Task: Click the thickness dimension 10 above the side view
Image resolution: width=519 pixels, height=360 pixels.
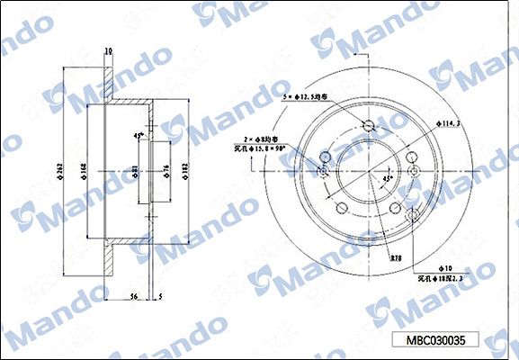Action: coord(108,51)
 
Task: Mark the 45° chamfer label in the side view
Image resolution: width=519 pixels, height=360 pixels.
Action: coord(139,135)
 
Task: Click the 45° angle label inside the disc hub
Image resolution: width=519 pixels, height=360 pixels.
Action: coord(388,179)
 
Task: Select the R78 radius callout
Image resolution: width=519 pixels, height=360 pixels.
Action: coord(395,258)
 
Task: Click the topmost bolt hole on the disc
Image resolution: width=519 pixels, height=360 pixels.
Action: coord(368,126)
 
